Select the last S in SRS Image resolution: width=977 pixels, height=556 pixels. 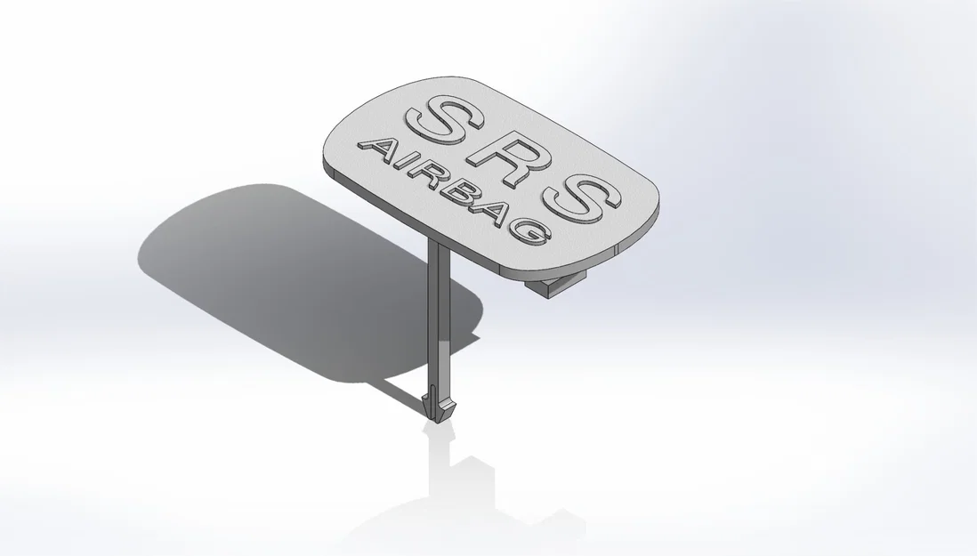pyautogui.click(x=582, y=197)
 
